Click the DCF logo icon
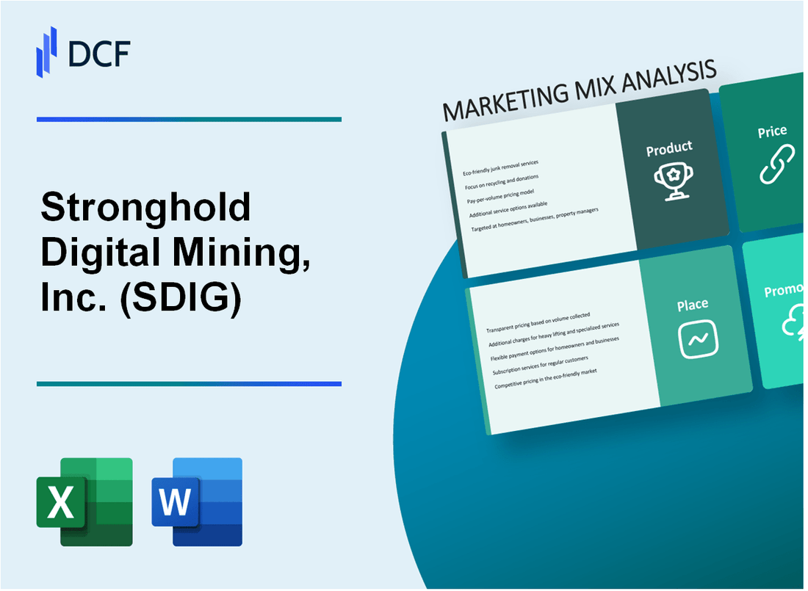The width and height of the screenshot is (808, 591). point(46,51)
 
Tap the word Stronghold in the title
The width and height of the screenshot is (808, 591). point(145,209)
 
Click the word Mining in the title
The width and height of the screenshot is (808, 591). point(228,255)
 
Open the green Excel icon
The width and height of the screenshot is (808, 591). point(84,501)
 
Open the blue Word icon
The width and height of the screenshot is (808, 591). point(197,501)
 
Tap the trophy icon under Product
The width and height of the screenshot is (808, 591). point(668,178)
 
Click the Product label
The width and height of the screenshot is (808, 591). point(668,149)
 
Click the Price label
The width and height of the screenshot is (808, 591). point(772,132)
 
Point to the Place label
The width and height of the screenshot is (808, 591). point(693,304)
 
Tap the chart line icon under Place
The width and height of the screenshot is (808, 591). point(698,339)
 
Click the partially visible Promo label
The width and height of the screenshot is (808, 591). point(784,291)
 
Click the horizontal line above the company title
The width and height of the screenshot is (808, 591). point(189,119)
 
